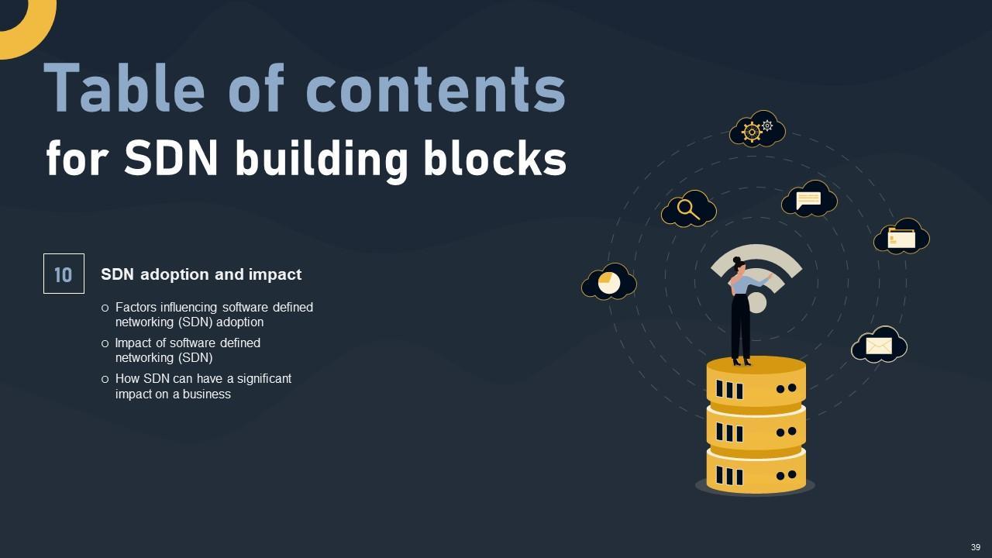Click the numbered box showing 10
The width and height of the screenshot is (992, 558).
[64, 274]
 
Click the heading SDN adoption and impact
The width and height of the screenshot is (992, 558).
[201, 274]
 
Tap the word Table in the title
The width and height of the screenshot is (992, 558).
[124, 88]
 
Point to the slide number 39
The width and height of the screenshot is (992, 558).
[976, 547]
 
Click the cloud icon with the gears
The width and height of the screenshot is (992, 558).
[757, 130]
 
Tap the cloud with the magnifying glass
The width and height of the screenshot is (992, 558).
[688, 208]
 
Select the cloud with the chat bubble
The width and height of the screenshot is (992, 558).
[809, 199]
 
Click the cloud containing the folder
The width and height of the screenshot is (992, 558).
[901, 237]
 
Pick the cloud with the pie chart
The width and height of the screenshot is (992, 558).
[609, 283]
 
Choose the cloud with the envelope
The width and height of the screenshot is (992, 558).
[879, 345]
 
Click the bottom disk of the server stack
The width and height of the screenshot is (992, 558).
[756, 472]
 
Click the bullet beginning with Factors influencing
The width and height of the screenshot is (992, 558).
[214, 315]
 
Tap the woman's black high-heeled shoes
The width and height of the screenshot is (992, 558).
[742, 360]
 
